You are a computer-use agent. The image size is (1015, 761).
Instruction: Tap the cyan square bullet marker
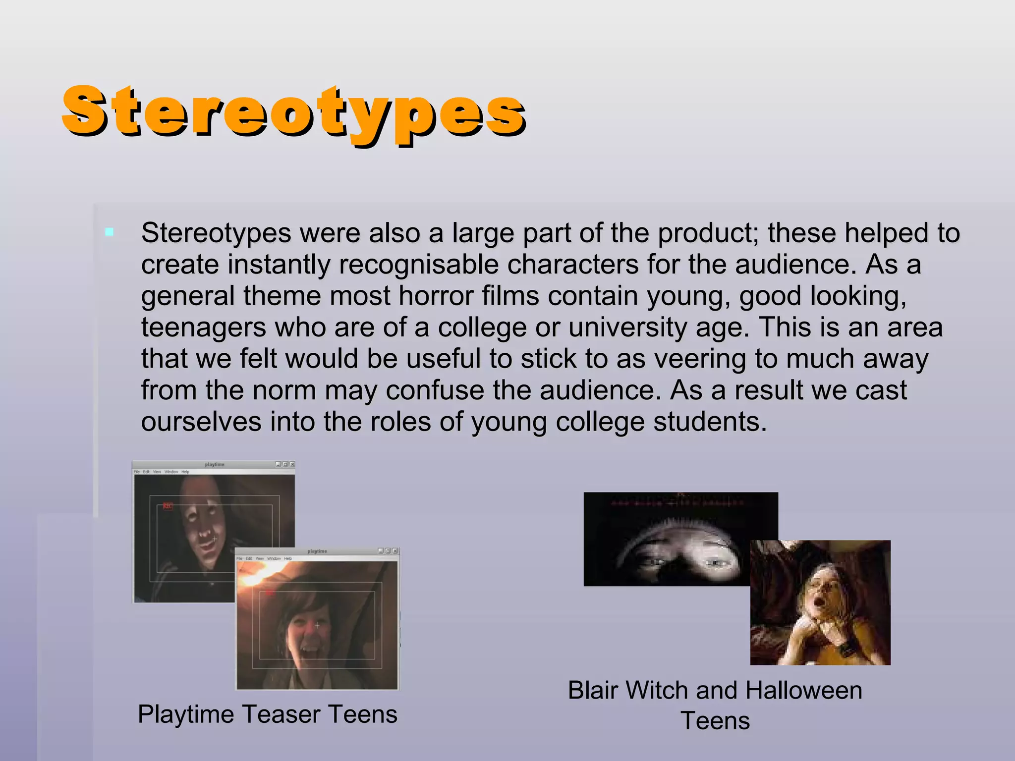110,232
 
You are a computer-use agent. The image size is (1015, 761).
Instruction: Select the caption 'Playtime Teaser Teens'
268,714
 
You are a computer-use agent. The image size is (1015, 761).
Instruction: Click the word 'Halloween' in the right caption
803,690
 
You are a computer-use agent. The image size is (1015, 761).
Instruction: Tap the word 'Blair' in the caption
592,690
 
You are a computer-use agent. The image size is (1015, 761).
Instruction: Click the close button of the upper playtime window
292,464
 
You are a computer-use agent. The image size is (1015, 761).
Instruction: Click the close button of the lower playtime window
395,551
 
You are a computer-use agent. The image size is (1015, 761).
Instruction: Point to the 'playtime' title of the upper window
215,465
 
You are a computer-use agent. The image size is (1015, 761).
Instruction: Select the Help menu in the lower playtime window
288,558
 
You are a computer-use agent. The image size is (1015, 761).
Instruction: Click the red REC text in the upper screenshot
168,506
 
